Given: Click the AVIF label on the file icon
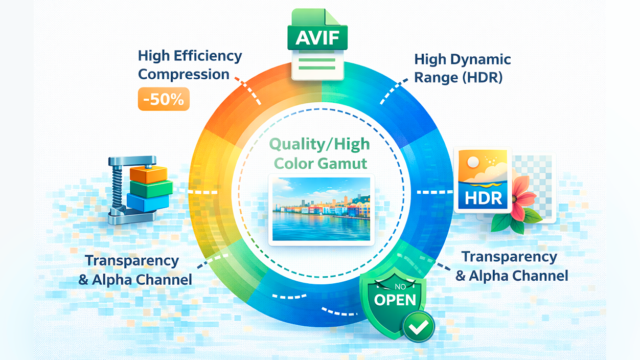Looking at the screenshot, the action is click(x=317, y=38).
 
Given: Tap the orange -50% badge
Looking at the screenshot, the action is click(x=164, y=99).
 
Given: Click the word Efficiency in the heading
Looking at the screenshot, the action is click(x=208, y=56).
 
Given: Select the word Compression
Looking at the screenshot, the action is click(x=184, y=74).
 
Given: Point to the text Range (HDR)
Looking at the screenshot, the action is click(x=459, y=77).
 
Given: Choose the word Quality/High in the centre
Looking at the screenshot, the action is click(x=319, y=144).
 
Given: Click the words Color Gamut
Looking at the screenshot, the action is click(x=321, y=164).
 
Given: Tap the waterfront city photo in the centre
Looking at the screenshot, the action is click(x=321, y=209).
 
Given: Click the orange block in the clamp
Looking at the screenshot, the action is click(x=149, y=174).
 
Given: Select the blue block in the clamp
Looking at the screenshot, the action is click(x=148, y=202).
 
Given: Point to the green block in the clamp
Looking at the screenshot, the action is click(x=151, y=188).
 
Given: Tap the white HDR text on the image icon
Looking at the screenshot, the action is click(x=483, y=198).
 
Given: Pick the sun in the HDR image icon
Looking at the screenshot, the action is click(x=473, y=162).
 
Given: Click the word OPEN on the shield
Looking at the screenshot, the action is click(x=395, y=300).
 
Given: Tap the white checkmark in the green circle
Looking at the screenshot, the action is click(x=418, y=327).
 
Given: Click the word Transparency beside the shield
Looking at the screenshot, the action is click(x=510, y=257).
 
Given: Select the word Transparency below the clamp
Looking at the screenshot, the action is click(x=132, y=261).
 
